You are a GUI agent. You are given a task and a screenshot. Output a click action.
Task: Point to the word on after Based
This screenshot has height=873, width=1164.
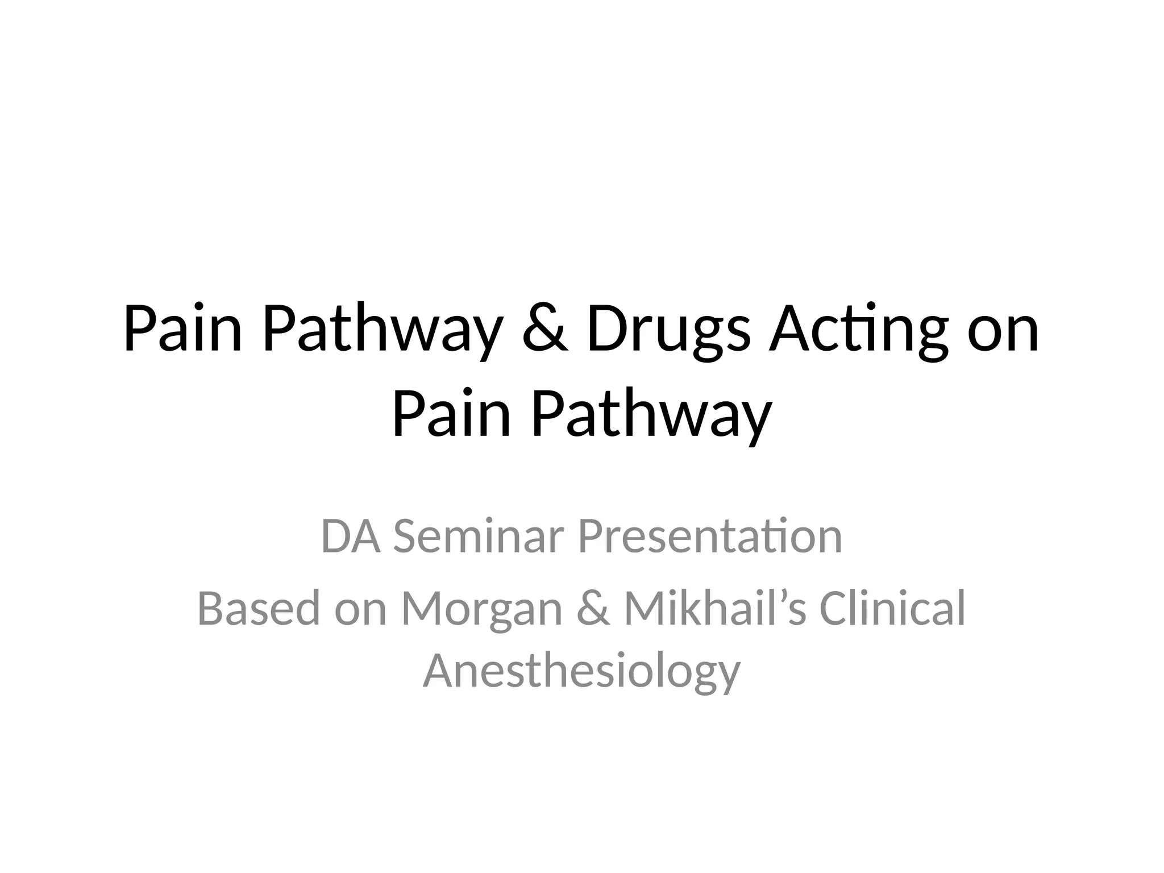(361, 609)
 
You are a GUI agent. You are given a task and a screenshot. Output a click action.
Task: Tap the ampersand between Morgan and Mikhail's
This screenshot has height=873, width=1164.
(593, 609)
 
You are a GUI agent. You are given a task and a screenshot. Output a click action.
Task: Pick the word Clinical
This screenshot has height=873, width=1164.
(892, 609)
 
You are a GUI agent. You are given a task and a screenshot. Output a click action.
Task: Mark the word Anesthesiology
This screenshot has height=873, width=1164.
(581, 671)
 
